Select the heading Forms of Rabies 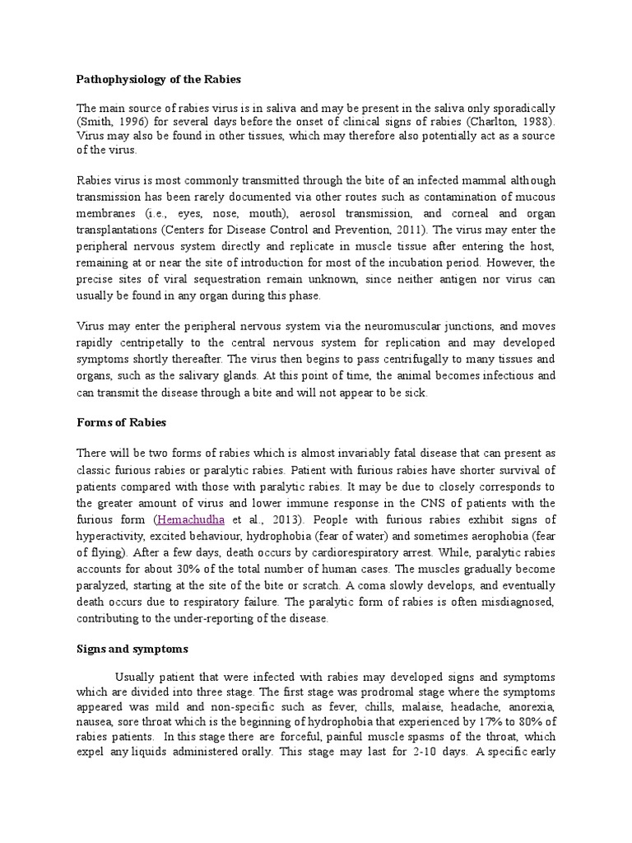121,422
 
